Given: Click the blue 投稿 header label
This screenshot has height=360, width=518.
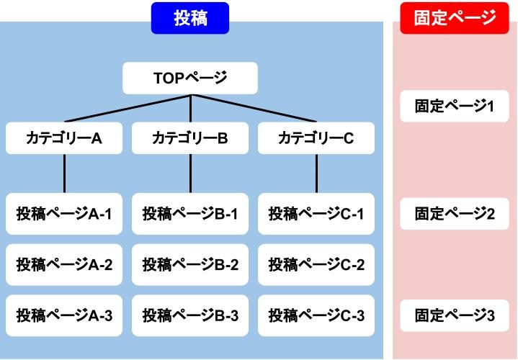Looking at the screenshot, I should [x=190, y=18].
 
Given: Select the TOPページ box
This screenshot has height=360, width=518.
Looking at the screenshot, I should [x=190, y=78].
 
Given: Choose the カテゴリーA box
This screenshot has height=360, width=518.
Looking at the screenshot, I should [x=64, y=138].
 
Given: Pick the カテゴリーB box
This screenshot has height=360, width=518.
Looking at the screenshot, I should [x=190, y=138].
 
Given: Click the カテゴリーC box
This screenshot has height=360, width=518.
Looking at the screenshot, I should [x=316, y=138].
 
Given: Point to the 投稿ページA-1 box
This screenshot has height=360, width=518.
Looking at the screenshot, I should [x=64, y=214].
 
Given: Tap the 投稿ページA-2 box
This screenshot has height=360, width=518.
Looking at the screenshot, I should [x=64, y=264].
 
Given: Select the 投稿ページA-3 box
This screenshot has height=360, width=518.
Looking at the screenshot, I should [x=64, y=315].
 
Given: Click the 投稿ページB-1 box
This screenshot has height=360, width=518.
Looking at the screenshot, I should [x=190, y=214].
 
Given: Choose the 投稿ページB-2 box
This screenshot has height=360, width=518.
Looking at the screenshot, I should [x=190, y=264].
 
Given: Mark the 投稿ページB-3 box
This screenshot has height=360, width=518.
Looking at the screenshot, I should [x=190, y=315].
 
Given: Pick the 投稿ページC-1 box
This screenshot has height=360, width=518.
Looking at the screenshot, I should [x=316, y=214].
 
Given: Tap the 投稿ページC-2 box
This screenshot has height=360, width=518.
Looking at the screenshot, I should [x=316, y=264].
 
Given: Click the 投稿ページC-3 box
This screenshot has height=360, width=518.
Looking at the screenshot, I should [x=316, y=315].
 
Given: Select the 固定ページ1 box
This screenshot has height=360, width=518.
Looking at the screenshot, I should [x=455, y=107].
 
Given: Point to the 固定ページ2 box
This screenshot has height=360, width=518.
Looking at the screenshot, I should [x=455, y=214].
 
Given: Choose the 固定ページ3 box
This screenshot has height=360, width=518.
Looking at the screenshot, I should [x=455, y=315].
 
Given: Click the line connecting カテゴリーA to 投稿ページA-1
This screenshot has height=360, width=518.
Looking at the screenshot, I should [x=64, y=174].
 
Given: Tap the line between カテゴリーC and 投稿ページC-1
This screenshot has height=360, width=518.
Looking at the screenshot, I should [x=316, y=174].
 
